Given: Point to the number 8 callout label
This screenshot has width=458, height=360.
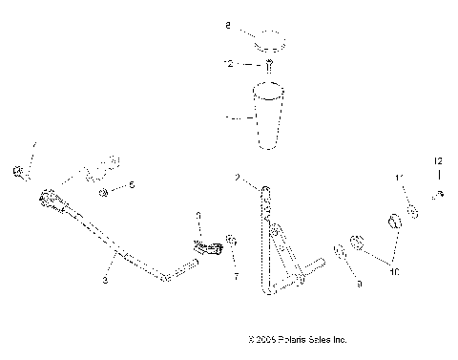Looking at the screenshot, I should pyautogui.click(x=227, y=30).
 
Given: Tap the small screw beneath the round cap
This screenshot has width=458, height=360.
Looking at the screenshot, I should pyautogui.click(x=269, y=66).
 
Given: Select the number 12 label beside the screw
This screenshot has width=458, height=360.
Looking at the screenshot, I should pyautogui.click(x=228, y=65).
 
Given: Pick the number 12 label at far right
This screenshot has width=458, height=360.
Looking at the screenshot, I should pyautogui.click(x=439, y=160).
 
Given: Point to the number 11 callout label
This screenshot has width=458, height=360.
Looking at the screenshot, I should pyautogui.click(x=400, y=179).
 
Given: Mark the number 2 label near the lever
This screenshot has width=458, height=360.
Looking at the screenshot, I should pyautogui.click(x=236, y=178).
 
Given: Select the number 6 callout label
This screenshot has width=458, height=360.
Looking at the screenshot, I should pyautogui.click(x=133, y=184).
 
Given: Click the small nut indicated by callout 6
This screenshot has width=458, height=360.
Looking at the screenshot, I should pyautogui.click(x=104, y=192).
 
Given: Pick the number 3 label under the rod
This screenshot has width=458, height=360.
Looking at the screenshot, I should pyautogui.click(x=105, y=283).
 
